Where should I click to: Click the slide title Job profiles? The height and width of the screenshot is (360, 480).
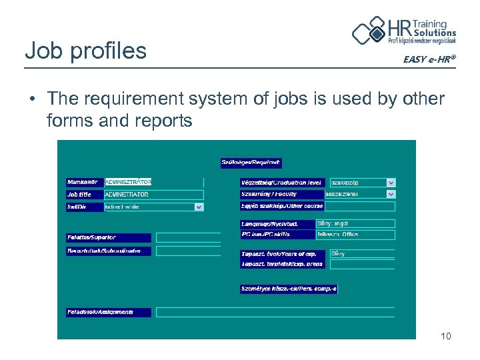(x=85, y=51)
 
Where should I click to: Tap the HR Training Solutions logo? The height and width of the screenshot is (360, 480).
(x=404, y=31)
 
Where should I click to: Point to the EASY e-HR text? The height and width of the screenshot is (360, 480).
(x=429, y=59)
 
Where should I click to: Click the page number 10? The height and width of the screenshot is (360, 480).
(x=445, y=336)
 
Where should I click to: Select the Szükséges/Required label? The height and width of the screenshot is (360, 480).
(x=251, y=163)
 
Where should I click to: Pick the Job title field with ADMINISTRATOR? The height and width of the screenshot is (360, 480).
(x=153, y=195)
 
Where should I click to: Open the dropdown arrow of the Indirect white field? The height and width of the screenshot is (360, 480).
(x=199, y=207)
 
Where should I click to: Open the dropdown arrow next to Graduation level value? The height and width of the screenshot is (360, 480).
(x=391, y=182)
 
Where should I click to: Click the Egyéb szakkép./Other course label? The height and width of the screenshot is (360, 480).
(x=282, y=206)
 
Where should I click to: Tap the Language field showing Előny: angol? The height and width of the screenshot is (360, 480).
(x=355, y=224)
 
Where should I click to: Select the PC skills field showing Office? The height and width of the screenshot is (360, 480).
(x=355, y=235)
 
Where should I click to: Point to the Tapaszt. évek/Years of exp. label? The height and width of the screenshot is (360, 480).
(x=283, y=254)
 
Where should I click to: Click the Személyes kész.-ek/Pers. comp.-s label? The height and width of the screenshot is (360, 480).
(x=289, y=289)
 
